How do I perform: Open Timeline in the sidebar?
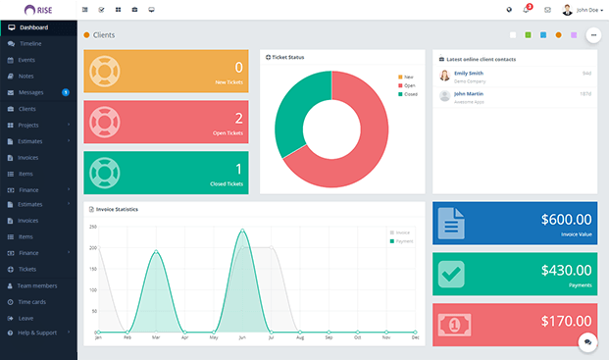click(x=30, y=44)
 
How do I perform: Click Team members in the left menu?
click(x=38, y=284)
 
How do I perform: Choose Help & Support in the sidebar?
click(x=37, y=333)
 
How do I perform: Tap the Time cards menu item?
click(x=33, y=301)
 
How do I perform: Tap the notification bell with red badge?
click(x=527, y=10)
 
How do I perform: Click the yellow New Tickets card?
click(x=166, y=72)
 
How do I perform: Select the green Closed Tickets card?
click(x=166, y=172)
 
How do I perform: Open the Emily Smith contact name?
click(x=469, y=73)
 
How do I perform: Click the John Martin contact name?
click(x=468, y=93)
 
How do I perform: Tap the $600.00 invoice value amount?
click(x=566, y=220)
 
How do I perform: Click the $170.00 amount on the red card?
click(x=566, y=320)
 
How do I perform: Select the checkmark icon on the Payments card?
click(x=452, y=275)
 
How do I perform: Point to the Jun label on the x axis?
click(x=242, y=338)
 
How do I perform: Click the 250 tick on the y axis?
click(x=93, y=227)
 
